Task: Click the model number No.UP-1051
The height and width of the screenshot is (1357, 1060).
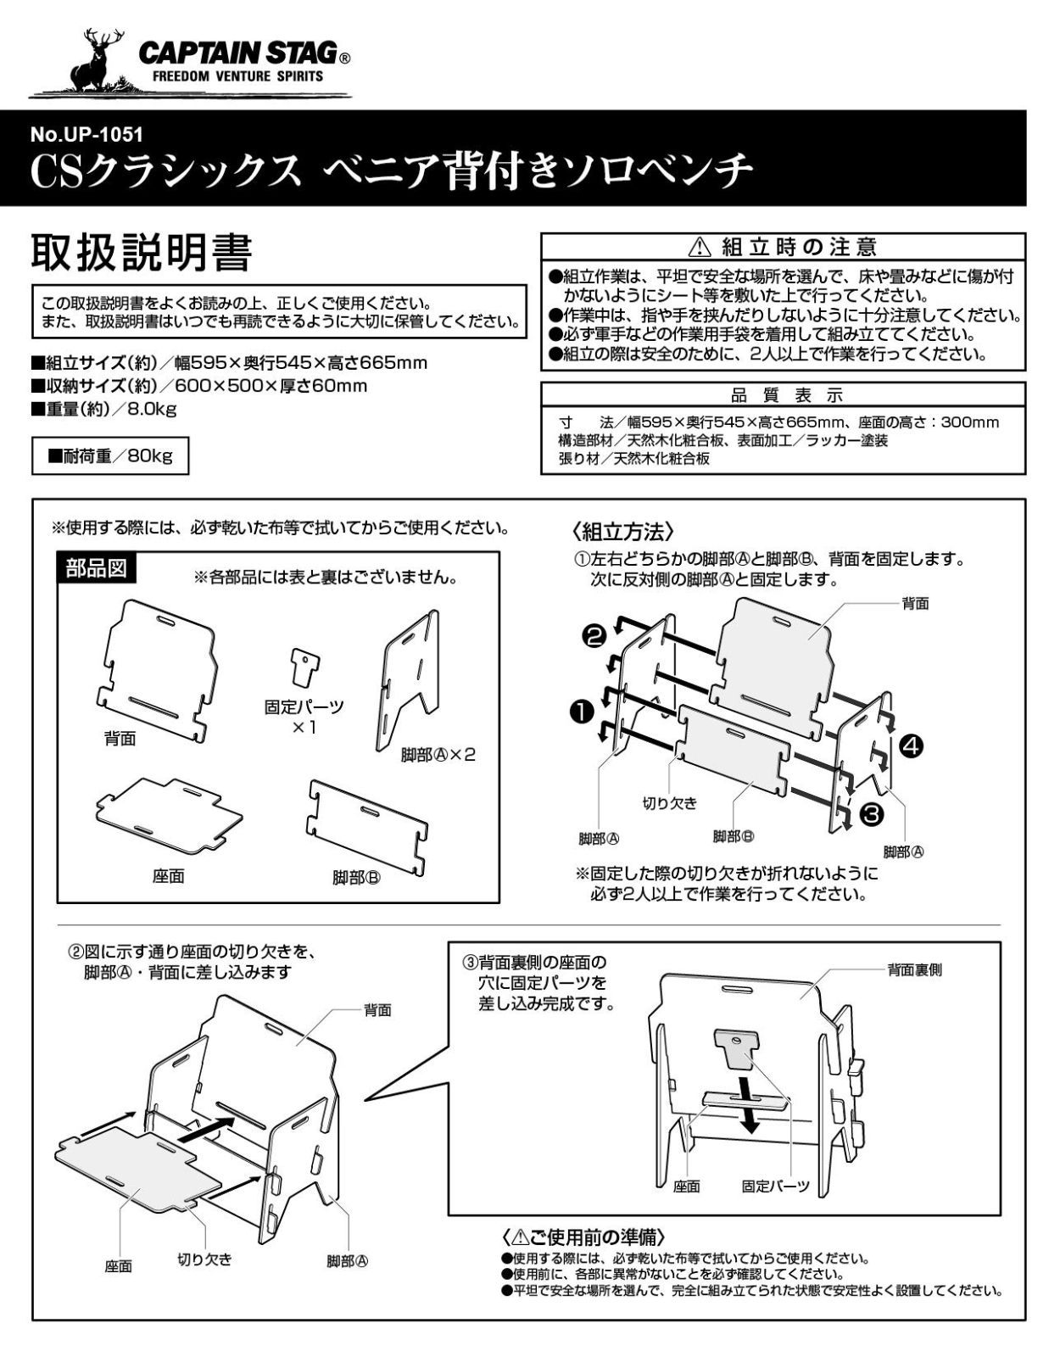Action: click(86, 133)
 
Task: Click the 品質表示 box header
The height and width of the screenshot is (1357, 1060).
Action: click(784, 396)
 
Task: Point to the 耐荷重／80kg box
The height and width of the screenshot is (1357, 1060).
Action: click(110, 456)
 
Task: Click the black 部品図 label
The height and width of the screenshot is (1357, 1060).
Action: click(97, 568)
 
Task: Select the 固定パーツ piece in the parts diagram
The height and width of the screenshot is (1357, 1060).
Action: click(302, 667)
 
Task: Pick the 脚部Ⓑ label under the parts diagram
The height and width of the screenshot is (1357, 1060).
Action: click(356, 878)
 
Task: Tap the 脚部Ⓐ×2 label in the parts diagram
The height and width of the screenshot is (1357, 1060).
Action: click(438, 754)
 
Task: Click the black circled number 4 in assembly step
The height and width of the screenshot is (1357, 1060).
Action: click(912, 746)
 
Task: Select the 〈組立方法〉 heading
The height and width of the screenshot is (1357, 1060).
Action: click(623, 532)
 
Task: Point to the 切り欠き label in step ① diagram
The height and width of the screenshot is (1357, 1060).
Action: click(669, 802)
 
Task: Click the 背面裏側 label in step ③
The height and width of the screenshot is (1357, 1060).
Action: click(914, 969)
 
